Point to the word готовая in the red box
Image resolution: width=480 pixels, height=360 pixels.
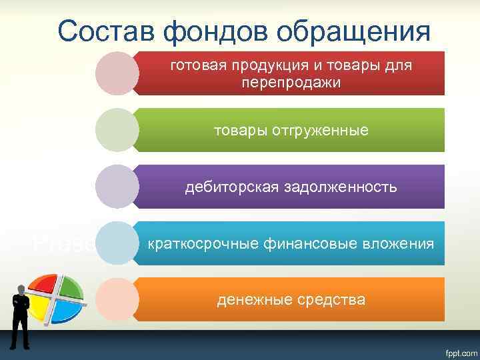point(195,66)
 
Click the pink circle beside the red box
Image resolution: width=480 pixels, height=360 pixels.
point(117,73)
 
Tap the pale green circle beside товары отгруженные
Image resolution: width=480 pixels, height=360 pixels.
point(117,130)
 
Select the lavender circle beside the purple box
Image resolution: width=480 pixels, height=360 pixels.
point(117,187)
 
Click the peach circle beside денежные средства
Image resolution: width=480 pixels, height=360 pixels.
point(117,300)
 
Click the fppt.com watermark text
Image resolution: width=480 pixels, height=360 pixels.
point(455,350)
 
